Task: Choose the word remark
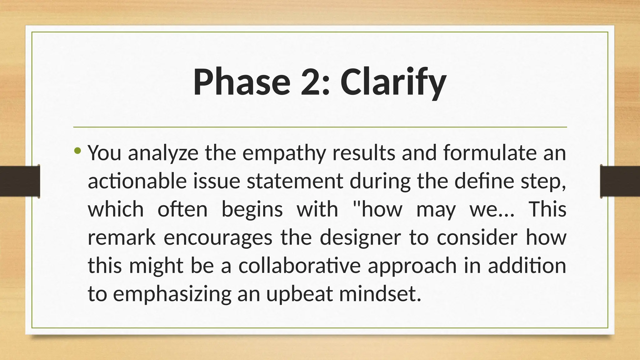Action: pos(122,237)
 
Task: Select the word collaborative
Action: pos(299,266)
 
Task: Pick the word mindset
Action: pos(380,294)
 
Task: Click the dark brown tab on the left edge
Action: pos(20,181)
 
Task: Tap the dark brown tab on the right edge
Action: pos(620,181)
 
